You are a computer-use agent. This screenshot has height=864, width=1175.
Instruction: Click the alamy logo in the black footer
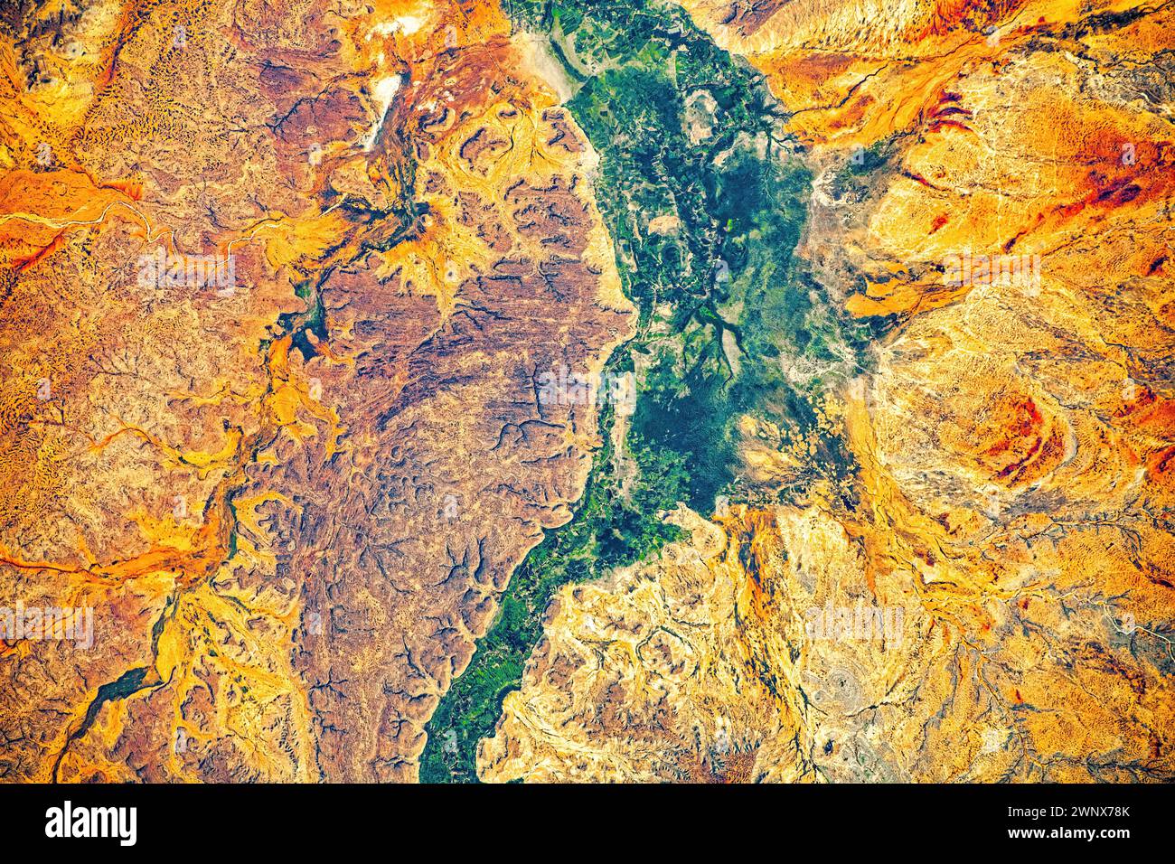[x=91, y=823]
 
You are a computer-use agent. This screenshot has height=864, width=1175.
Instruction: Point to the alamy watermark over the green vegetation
[x=587, y=389]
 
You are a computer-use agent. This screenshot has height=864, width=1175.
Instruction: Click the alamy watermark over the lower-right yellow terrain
[x=854, y=624]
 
